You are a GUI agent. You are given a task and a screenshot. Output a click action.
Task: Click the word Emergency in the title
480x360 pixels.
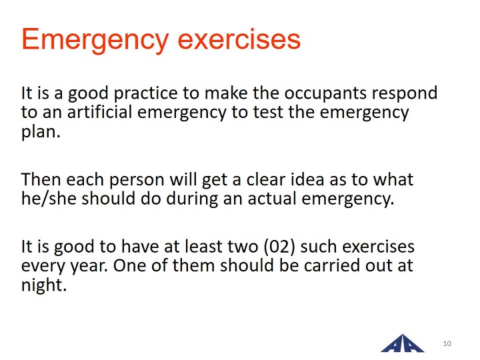pos(95,40)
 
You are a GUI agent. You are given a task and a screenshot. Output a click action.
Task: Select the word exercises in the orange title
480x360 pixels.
pos(239,39)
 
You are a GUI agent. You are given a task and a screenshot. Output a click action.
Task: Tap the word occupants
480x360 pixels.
pos(325,94)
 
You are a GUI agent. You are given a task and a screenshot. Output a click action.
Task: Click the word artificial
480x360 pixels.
pos(100,112)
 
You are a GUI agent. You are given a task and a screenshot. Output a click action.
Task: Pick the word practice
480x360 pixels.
pos(146,94)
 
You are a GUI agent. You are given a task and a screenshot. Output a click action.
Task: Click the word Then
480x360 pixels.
pos(41,179)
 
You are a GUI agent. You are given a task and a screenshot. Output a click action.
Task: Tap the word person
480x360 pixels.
pos(137,181)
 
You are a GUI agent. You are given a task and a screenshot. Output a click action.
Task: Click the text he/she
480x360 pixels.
pos(49,199)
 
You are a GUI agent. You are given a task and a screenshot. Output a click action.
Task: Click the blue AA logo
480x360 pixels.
pos(403,343)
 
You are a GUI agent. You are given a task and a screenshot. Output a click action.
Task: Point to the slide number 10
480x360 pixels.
pos(447,343)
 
